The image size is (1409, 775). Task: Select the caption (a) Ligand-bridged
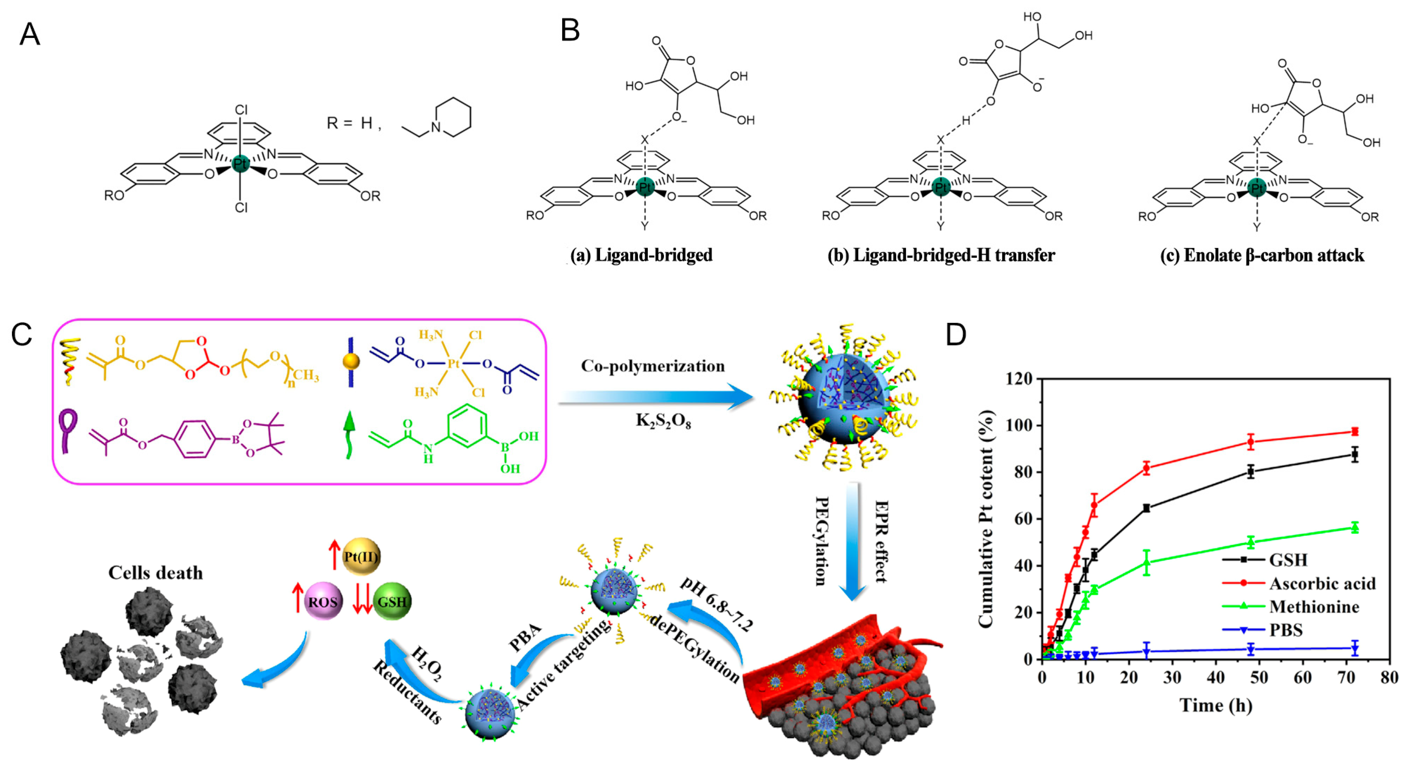pyautogui.click(x=641, y=256)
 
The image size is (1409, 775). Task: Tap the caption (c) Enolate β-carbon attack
pyautogui.click(x=1262, y=256)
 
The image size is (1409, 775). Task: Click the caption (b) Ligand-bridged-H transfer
pyautogui.click(x=941, y=256)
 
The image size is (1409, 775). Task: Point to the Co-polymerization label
pyautogui.click(x=652, y=366)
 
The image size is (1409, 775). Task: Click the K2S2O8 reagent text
pyautogui.click(x=663, y=420)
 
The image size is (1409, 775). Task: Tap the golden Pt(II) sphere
pyautogui.click(x=361, y=556)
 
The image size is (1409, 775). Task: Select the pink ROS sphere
pyautogui.click(x=323, y=602)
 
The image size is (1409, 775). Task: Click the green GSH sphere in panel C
pyautogui.click(x=392, y=602)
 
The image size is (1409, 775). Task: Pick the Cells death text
pyautogui.click(x=155, y=572)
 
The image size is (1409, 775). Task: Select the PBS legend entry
pyautogui.click(x=1285, y=630)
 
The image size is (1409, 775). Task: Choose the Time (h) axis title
pyautogui.click(x=1215, y=705)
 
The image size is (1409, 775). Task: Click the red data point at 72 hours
pyautogui.click(x=1354, y=431)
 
